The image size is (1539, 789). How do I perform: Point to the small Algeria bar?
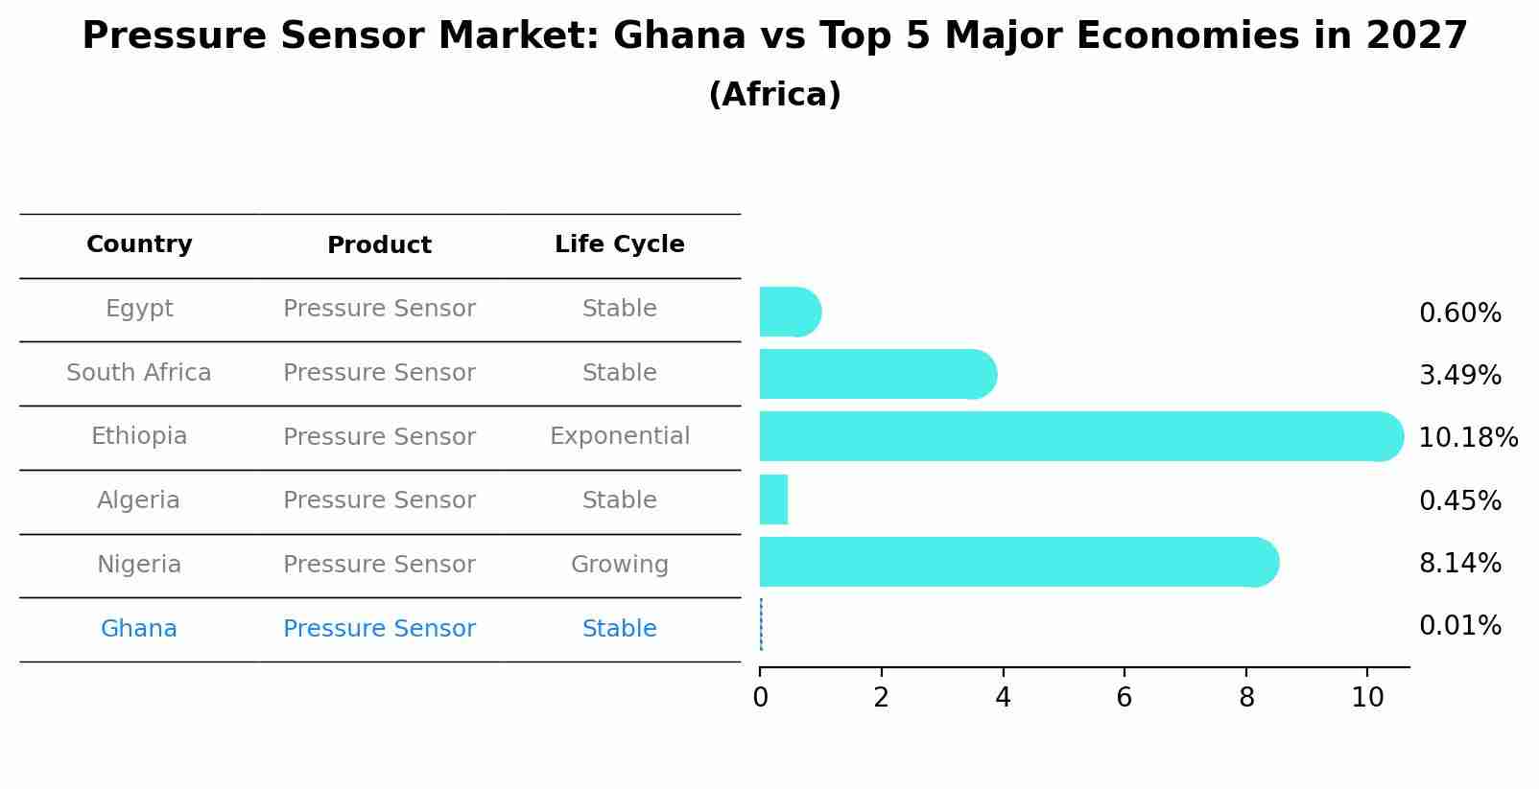773,499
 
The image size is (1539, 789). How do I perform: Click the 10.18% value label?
1467,438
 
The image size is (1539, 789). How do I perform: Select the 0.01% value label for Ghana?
1459,626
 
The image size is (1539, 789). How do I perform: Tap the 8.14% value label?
1459,563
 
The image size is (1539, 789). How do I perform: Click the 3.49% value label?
1459,375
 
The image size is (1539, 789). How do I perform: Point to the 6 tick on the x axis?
1124,698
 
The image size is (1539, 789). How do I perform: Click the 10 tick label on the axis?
1367,698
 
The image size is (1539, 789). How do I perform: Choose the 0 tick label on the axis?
760,698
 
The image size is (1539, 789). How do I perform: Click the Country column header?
139,244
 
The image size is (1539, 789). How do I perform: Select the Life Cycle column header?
619,244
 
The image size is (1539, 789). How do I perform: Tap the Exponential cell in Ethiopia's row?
619,436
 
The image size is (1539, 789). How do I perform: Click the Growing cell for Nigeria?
619,565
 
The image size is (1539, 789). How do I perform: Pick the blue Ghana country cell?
139,629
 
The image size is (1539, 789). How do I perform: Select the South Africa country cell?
139,373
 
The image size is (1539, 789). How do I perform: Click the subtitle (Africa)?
774,95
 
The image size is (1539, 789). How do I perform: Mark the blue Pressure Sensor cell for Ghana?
379,629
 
